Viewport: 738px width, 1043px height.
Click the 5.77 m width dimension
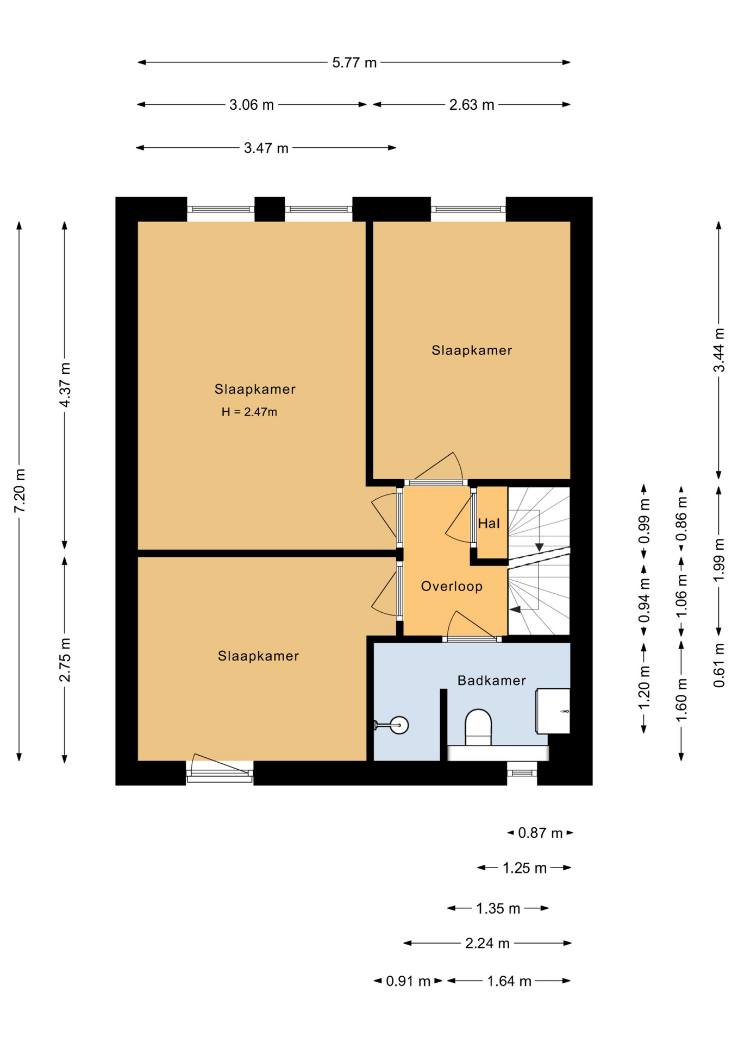[x=354, y=63]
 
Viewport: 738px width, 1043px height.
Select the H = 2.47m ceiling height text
[x=249, y=412]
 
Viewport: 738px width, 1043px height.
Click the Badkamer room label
[x=491, y=681]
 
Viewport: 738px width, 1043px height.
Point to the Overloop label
[x=452, y=587]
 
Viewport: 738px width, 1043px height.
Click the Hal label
[x=489, y=523]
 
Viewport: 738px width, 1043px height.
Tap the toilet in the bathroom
[x=478, y=727]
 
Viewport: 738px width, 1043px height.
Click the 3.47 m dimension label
[x=266, y=148]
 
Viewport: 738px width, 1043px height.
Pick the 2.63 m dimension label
[x=472, y=105]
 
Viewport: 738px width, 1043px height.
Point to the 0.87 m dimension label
[x=540, y=833]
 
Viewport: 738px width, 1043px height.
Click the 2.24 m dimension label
[x=487, y=943]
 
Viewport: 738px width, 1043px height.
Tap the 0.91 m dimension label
[x=408, y=981]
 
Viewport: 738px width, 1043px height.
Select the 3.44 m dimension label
[x=719, y=350]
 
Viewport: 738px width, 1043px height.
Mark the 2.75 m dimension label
[x=65, y=659]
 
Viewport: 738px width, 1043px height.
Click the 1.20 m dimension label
[x=644, y=687]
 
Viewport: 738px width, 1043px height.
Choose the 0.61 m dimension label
[x=719, y=665]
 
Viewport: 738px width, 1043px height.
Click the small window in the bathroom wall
[x=522, y=772]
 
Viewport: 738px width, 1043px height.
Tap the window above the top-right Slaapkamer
[x=468, y=209]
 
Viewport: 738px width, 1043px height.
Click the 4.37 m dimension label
[x=65, y=385]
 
